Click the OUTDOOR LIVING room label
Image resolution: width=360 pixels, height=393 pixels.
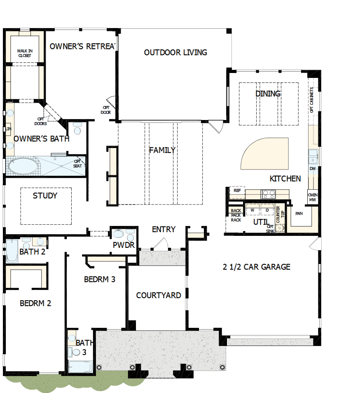pyautogui.click(x=175, y=52)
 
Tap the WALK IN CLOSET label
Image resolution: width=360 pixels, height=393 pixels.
pyautogui.click(x=25, y=53)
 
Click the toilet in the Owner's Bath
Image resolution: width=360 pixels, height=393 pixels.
pyautogui.click(x=77, y=129)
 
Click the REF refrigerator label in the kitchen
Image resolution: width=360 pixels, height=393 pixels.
pyautogui.click(x=237, y=191)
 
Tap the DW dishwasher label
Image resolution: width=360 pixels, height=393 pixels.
pyautogui.click(x=313, y=169)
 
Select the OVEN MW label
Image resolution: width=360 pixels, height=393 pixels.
pyautogui.click(x=313, y=198)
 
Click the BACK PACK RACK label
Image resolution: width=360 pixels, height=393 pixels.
pyautogui.click(x=236, y=215)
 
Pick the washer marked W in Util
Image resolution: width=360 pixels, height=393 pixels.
pyautogui.click(x=252, y=210)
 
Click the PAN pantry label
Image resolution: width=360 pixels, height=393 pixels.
pyautogui.click(x=299, y=213)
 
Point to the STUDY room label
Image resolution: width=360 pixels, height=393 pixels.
pyautogui.click(x=45, y=195)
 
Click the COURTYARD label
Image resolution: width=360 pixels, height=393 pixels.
pyautogui.click(x=158, y=295)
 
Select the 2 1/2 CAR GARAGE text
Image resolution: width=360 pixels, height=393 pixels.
pyautogui.click(x=256, y=267)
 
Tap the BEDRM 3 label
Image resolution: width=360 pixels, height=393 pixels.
pyautogui.click(x=99, y=279)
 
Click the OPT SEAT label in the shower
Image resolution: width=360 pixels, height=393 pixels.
pyautogui.click(x=77, y=163)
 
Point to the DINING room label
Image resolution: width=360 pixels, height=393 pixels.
pyautogui.click(x=268, y=94)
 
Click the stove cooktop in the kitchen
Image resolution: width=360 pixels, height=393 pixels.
pyautogui.click(x=269, y=193)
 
